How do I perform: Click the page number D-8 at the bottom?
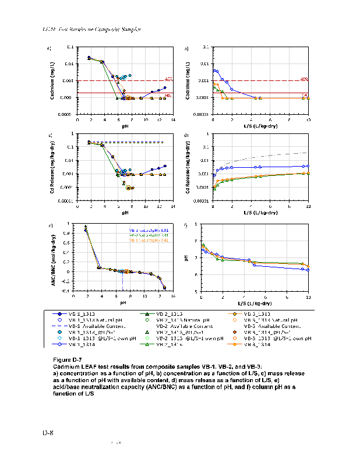(48, 433)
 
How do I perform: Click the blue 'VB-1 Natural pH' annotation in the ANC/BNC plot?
(149, 231)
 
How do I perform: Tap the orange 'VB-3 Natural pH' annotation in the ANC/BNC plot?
(149, 240)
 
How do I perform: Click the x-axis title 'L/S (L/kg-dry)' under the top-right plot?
(260, 126)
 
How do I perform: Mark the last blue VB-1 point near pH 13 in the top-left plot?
(165, 88)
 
